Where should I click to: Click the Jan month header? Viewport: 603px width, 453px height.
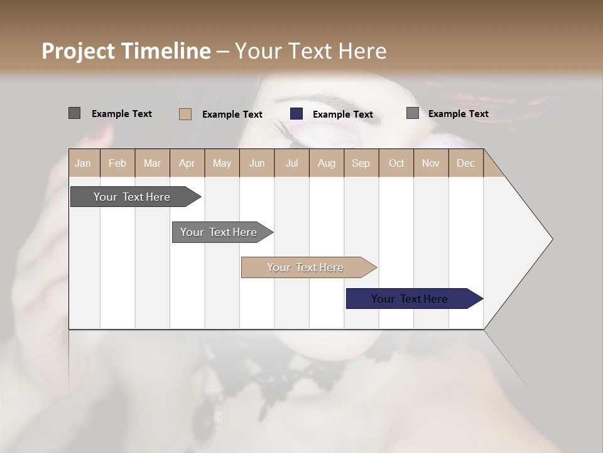click(x=83, y=163)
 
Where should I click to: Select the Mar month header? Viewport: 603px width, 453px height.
click(x=152, y=163)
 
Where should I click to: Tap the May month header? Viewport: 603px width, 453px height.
click(x=222, y=163)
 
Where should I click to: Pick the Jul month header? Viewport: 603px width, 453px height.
click(x=291, y=163)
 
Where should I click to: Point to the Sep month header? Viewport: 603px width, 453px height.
click(x=361, y=163)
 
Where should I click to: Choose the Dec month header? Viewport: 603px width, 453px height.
click(x=465, y=163)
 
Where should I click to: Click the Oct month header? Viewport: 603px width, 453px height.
click(x=396, y=163)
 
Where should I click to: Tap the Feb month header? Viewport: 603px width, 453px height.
click(x=117, y=163)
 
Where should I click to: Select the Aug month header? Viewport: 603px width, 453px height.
click(x=326, y=163)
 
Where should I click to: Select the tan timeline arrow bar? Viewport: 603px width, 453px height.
click(x=306, y=267)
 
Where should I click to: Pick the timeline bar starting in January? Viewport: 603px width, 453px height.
click(x=133, y=197)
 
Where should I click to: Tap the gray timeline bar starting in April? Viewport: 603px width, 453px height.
click(x=219, y=232)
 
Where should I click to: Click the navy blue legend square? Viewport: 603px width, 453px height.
click(x=296, y=114)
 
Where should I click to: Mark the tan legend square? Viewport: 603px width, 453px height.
click(x=185, y=114)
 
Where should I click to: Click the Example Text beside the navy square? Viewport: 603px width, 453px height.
click(x=342, y=115)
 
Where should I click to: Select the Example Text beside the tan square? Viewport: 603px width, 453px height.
click(x=232, y=115)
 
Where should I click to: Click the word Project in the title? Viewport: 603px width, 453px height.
click(x=79, y=51)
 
